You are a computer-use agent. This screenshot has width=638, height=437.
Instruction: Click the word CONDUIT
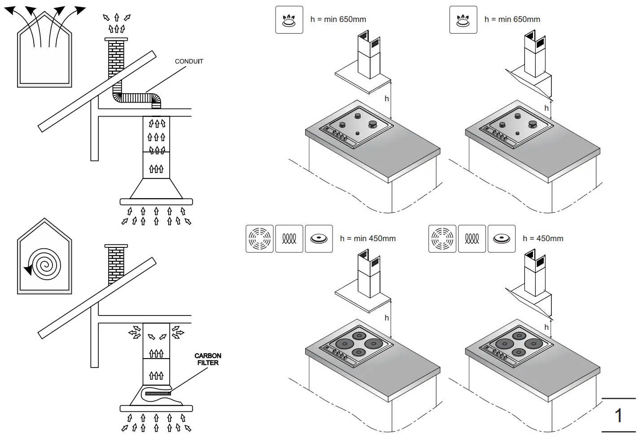click(x=188, y=61)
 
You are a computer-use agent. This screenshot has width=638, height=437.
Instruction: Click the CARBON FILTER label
click(x=208, y=359)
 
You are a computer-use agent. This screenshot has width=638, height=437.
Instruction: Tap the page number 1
click(x=618, y=415)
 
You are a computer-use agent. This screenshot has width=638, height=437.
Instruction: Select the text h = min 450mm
click(x=367, y=238)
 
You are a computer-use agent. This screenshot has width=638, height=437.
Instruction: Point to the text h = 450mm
click(x=543, y=238)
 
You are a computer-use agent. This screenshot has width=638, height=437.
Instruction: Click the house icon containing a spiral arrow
click(x=44, y=258)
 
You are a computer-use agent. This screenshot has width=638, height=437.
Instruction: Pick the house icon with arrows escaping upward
click(x=44, y=49)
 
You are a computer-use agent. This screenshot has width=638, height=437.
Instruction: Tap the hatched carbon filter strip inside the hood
click(x=158, y=394)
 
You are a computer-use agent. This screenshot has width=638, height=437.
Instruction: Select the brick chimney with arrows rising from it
click(x=116, y=58)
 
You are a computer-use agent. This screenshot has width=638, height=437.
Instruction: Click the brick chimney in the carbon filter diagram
click(x=116, y=264)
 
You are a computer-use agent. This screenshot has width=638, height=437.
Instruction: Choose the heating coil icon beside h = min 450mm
click(x=289, y=239)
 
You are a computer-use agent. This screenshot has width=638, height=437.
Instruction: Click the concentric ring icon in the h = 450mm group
click(x=442, y=239)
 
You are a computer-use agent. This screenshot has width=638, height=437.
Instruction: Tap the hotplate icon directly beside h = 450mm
click(x=501, y=239)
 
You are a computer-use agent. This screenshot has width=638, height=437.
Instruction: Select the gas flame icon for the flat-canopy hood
click(x=289, y=20)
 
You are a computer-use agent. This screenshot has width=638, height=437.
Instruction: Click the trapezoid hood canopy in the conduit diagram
click(x=156, y=189)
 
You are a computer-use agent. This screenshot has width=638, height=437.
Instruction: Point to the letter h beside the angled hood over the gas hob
click(x=546, y=108)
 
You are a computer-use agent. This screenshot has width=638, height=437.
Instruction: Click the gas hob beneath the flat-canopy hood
click(x=357, y=126)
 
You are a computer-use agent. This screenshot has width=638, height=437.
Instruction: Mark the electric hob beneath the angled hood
click(x=516, y=345)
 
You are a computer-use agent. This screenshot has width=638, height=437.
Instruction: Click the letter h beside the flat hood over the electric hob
click(x=386, y=318)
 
